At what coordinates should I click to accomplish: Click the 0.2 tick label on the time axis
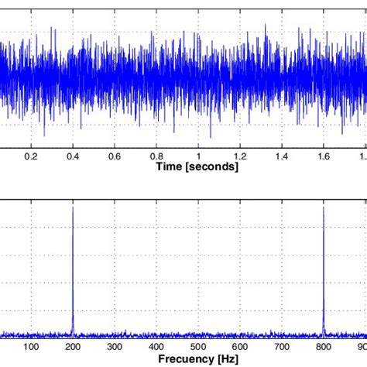coord(31,156)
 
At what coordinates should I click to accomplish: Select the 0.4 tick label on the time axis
coord(73,156)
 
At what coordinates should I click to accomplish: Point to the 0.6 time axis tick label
coord(115,156)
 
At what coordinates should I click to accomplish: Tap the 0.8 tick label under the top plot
coord(156,156)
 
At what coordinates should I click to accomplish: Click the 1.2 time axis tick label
coord(241,156)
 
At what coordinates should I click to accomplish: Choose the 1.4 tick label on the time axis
coord(283,156)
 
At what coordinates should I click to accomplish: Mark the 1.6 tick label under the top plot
coord(324,156)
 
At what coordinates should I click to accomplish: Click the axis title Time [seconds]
coord(198,166)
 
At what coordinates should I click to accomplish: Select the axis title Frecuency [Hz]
coord(198,360)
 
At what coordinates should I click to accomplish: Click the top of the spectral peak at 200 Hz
coord(73,207)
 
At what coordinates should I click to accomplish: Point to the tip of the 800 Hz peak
coord(324,207)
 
